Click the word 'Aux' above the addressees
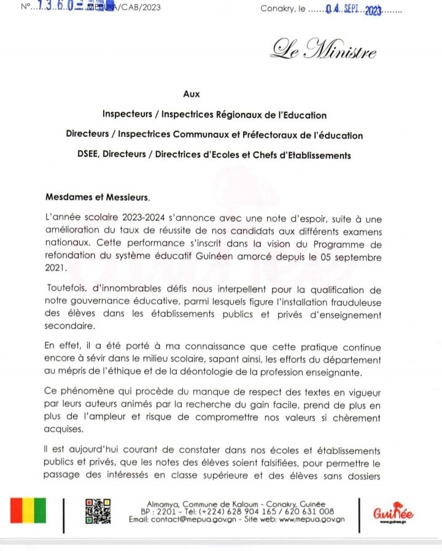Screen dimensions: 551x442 [192, 94]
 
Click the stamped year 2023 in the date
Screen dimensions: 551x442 [373, 10]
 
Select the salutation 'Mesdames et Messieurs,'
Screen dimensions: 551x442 [98, 197]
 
